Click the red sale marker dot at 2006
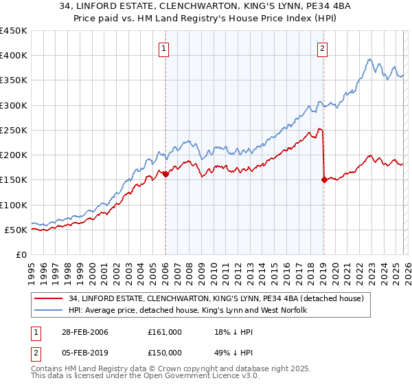click(x=165, y=175)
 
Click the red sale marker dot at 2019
click(x=323, y=180)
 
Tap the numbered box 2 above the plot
click(x=322, y=48)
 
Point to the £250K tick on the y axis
click(x=14, y=130)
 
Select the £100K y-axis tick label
click(x=14, y=205)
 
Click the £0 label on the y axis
click(x=22, y=255)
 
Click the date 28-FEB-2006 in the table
click(x=83, y=332)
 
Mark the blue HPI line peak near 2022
click(x=369, y=59)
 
